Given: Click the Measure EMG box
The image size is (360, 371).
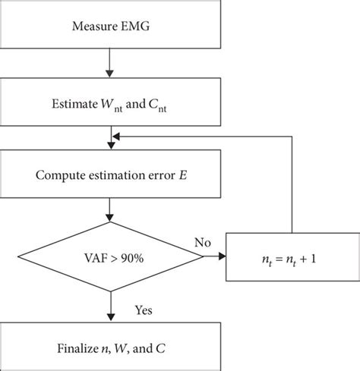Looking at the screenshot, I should [112, 29].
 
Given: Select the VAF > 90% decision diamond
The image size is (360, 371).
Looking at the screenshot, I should [112, 259].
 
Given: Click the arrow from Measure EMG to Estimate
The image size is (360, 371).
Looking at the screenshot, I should [112, 64].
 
